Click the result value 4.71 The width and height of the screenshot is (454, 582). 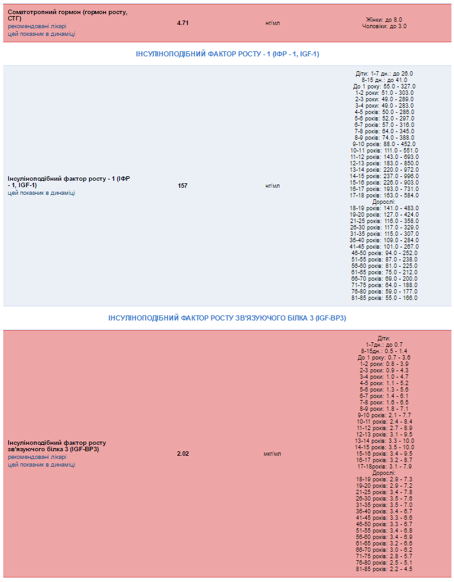point(183,22)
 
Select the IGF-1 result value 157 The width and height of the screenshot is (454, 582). point(183,186)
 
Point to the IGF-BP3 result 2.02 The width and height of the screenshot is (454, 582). point(183,454)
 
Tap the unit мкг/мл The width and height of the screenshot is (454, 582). point(273,454)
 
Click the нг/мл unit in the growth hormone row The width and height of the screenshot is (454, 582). point(273,22)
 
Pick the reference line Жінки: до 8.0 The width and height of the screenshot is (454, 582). point(384,20)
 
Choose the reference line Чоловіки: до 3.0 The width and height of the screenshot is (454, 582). point(384,26)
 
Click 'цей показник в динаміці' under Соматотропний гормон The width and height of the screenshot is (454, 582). point(41,34)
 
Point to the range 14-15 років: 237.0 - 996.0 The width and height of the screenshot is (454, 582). point(384,176)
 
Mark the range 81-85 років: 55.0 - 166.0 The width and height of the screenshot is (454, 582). point(384,298)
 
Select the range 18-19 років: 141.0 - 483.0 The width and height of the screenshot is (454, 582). point(384,208)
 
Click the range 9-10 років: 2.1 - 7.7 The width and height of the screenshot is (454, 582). point(384,415)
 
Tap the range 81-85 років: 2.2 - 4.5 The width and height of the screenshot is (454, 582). point(384,569)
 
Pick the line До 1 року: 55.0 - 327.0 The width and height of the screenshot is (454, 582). point(384,87)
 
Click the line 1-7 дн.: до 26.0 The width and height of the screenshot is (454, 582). point(384,74)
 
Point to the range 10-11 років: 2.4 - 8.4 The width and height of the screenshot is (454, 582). point(384,422)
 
